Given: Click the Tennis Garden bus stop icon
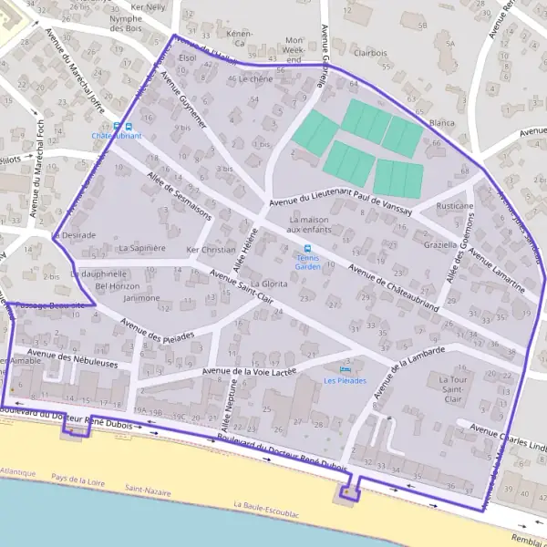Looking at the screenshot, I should pos(307,248).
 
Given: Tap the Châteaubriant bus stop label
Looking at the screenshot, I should pos(117,136).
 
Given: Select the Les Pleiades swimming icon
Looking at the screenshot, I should pos(345,369).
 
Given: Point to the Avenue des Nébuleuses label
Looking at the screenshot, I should pos(73,362).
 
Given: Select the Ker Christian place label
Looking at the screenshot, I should pos(211,250).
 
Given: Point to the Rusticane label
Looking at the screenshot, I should pos(455,207).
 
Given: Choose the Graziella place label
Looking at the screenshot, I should pos(441,245).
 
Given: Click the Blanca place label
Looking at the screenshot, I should pos(441,123).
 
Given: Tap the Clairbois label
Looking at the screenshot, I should pos(370,53).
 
